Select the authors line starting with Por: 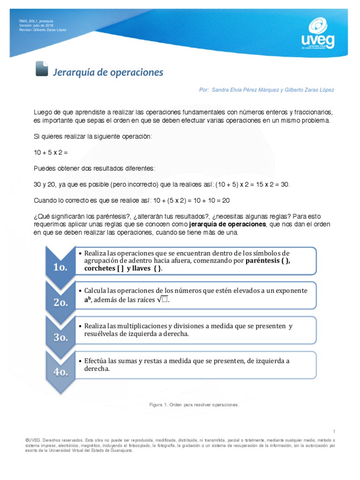click(266, 90)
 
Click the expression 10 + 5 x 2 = click(51, 153)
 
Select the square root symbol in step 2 click(162, 300)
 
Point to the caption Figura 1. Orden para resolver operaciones click(194, 404)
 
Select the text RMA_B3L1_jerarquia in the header click(36, 21)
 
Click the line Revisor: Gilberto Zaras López click(43, 30)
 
